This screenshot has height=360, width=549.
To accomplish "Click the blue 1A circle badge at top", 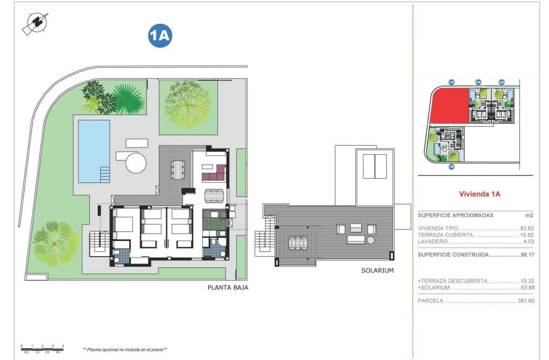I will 160,36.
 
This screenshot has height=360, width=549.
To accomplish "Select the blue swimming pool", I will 94,150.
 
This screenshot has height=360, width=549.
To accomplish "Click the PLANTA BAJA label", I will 228,288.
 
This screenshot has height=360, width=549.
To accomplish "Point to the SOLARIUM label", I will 377,271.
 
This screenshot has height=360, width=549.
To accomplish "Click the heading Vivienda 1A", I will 479,194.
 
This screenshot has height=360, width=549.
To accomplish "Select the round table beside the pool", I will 136,161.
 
